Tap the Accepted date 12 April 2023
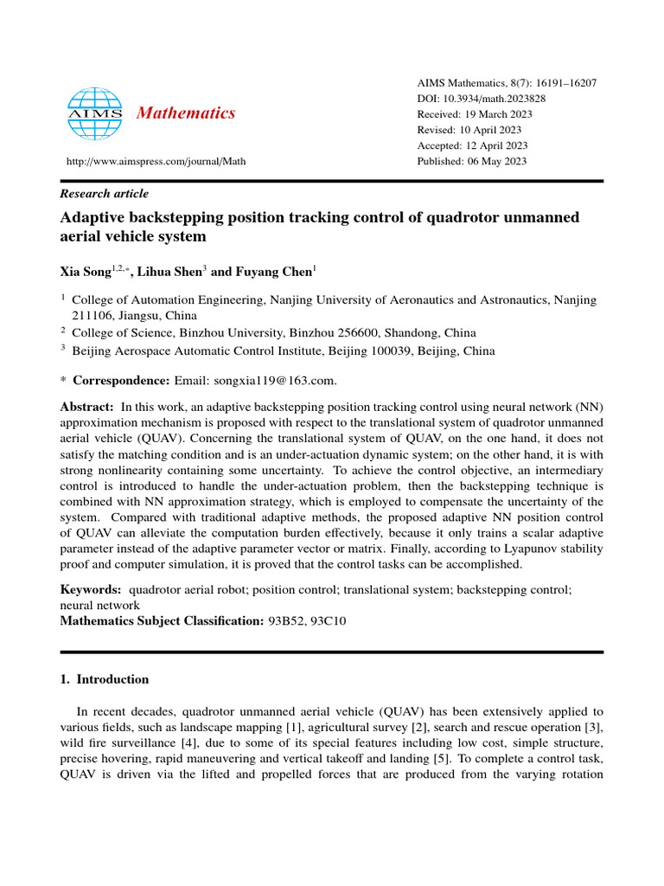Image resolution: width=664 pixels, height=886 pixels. (496, 145)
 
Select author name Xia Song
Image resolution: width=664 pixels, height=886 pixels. (85, 273)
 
